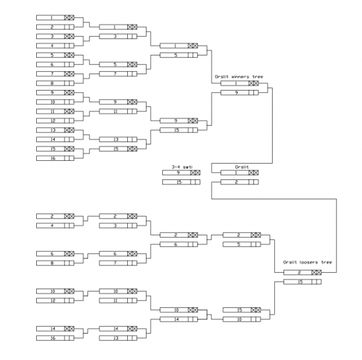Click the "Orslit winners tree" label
(239, 77)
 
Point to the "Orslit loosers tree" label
(307, 263)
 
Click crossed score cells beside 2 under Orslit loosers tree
(316, 272)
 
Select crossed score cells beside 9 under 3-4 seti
(194, 173)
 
